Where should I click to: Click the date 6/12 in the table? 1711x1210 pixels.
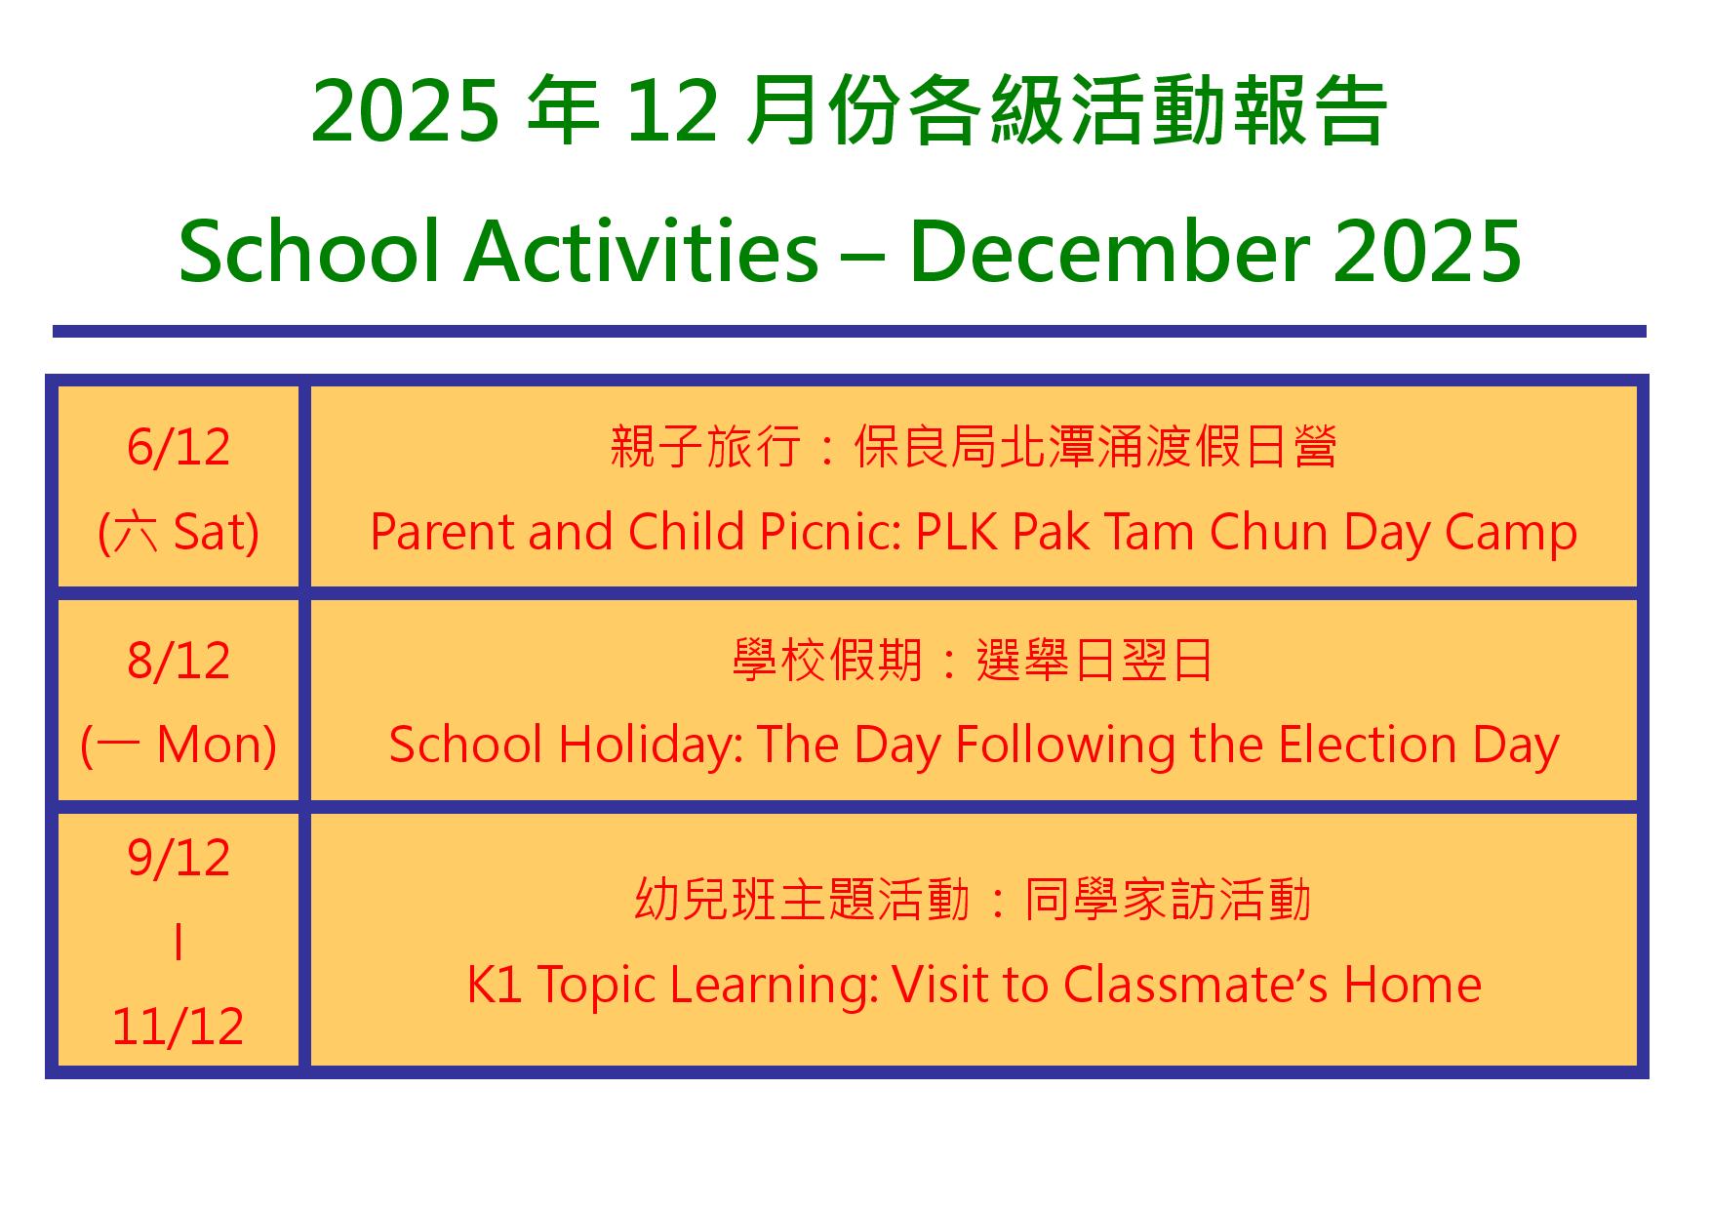[179, 448]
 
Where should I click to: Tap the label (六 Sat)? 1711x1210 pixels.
[179, 533]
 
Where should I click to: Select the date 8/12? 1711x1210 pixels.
[179, 661]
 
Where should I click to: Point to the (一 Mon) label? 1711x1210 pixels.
[179, 746]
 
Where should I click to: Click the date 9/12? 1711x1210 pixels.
[179, 859]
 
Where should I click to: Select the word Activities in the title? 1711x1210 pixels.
[641, 251]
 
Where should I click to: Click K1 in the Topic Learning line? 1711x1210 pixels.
[496, 984]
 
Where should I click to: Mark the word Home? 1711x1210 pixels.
[1413, 984]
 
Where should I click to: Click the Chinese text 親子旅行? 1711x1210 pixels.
[706, 448]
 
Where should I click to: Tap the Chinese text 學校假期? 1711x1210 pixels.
[827, 661]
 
